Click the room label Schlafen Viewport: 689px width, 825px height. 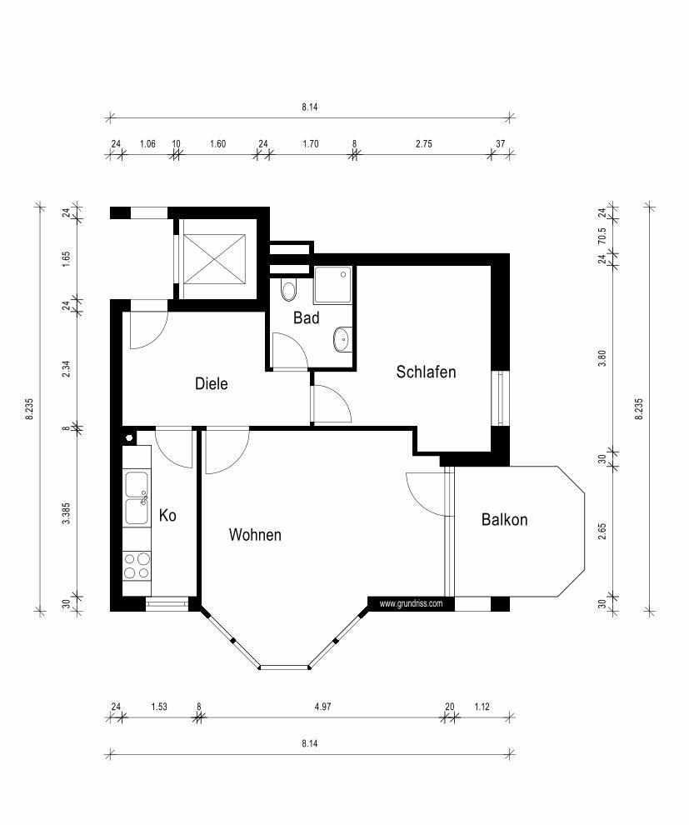[426, 372]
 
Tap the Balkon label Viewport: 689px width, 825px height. [504, 520]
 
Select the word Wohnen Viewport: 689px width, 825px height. [255, 535]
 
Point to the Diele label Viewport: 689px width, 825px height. [212, 383]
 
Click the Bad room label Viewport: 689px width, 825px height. [306, 317]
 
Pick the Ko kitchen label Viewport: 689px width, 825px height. [167, 516]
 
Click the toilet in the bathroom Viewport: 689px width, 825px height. [288, 290]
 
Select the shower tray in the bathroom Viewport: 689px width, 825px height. [333, 285]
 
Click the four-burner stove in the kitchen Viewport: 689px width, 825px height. [137, 566]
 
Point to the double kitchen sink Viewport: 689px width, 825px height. [137, 497]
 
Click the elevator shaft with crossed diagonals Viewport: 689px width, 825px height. [214, 259]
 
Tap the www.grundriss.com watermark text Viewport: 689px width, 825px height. [412, 603]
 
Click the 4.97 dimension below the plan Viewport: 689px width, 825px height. [322, 707]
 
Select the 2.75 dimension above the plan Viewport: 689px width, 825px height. [423, 143]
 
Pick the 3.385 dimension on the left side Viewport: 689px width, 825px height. [66, 513]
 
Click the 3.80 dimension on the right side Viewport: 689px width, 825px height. [602, 358]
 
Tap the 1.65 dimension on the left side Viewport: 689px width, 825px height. [66, 259]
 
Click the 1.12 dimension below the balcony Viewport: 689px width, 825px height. [482, 707]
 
